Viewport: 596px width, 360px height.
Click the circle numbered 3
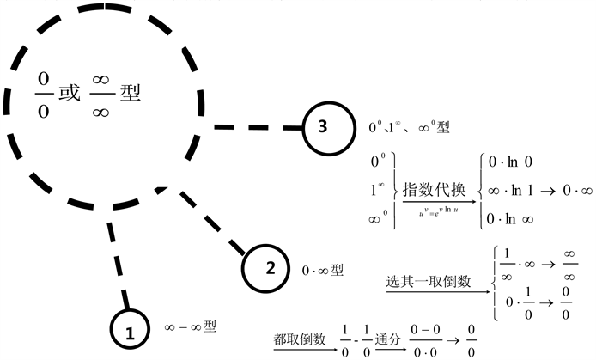322,127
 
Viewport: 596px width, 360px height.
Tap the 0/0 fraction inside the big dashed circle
42,94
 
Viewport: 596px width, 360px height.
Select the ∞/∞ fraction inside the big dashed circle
100,94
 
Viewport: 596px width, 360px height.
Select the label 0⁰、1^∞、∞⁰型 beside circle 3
409,127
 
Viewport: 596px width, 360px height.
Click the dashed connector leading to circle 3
257,127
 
